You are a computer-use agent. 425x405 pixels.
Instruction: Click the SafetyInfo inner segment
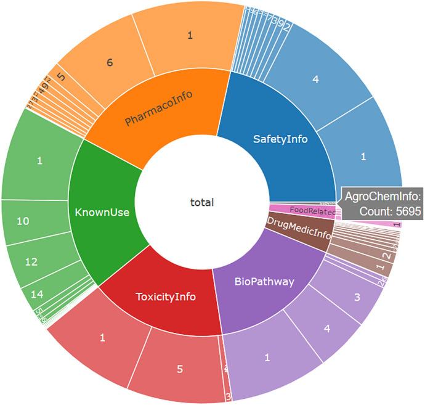[280, 139]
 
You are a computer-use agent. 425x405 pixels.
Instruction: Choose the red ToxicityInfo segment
[165, 297]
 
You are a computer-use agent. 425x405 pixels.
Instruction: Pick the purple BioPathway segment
[264, 282]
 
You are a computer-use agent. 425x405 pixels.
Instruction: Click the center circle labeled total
[201, 202]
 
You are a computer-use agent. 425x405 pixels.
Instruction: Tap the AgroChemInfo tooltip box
[382, 203]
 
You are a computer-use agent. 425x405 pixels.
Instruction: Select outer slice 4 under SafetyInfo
[315, 79]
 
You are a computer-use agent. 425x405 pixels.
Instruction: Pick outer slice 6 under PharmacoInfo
[109, 62]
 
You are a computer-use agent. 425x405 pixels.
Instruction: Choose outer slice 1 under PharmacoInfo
[190, 36]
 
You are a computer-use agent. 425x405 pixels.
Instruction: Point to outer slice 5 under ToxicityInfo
[179, 369]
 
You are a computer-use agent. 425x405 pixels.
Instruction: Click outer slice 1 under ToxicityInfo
[102, 337]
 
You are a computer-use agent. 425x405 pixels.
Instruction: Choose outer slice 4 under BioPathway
[327, 329]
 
